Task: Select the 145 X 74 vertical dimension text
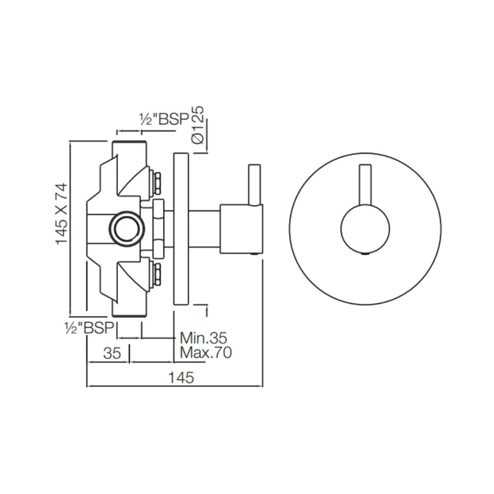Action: [x=62, y=214]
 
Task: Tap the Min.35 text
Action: [x=203, y=338]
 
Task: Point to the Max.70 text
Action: [x=205, y=353]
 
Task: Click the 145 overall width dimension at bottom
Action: [x=181, y=378]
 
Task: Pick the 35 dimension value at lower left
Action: [x=112, y=353]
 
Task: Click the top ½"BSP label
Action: [x=164, y=119]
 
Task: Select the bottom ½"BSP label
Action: [x=90, y=328]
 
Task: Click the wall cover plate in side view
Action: [x=181, y=229]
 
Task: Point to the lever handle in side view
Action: [x=254, y=184]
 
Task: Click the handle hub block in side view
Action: [x=241, y=229]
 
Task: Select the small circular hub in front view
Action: [x=365, y=229]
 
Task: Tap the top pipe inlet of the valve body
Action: [x=129, y=149]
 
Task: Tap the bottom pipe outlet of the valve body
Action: [x=129, y=309]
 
